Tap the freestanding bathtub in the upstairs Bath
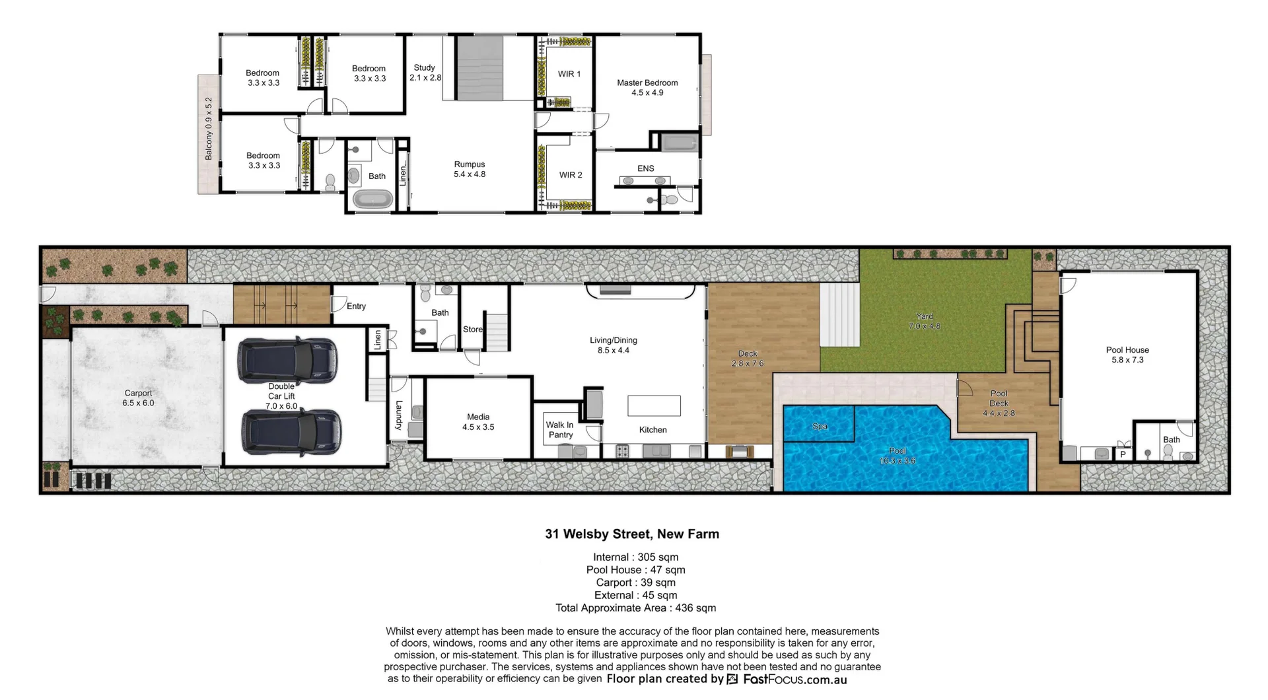pyautogui.click(x=372, y=199)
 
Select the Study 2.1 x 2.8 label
pyautogui.click(x=425, y=73)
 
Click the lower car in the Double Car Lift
pyautogui.click(x=291, y=433)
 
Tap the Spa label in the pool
pyautogui.click(x=820, y=427)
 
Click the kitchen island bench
pyautogui.click(x=654, y=405)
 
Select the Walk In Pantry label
pyautogui.click(x=560, y=430)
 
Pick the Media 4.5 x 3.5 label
pyautogui.click(x=478, y=422)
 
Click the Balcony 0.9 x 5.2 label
pyautogui.click(x=209, y=129)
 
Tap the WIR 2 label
pyautogui.click(x=571, y=175)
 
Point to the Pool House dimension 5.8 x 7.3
pyautogui.click(x=1127, y=360)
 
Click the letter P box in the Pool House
pyautogui.click(x=1123, y=454)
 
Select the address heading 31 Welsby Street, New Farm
pyautogui.click(x=632, y=534)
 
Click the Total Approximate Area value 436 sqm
pyautogui.click(x=695, y=608)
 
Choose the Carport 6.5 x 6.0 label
pyautogui.click(x=138, y=398)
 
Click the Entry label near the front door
pyautogui.click(x=356, y=306)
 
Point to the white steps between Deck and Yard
pyautogui.click(x=839, y=315)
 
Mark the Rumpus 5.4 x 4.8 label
pyautogui.click(x=470, y=169)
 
